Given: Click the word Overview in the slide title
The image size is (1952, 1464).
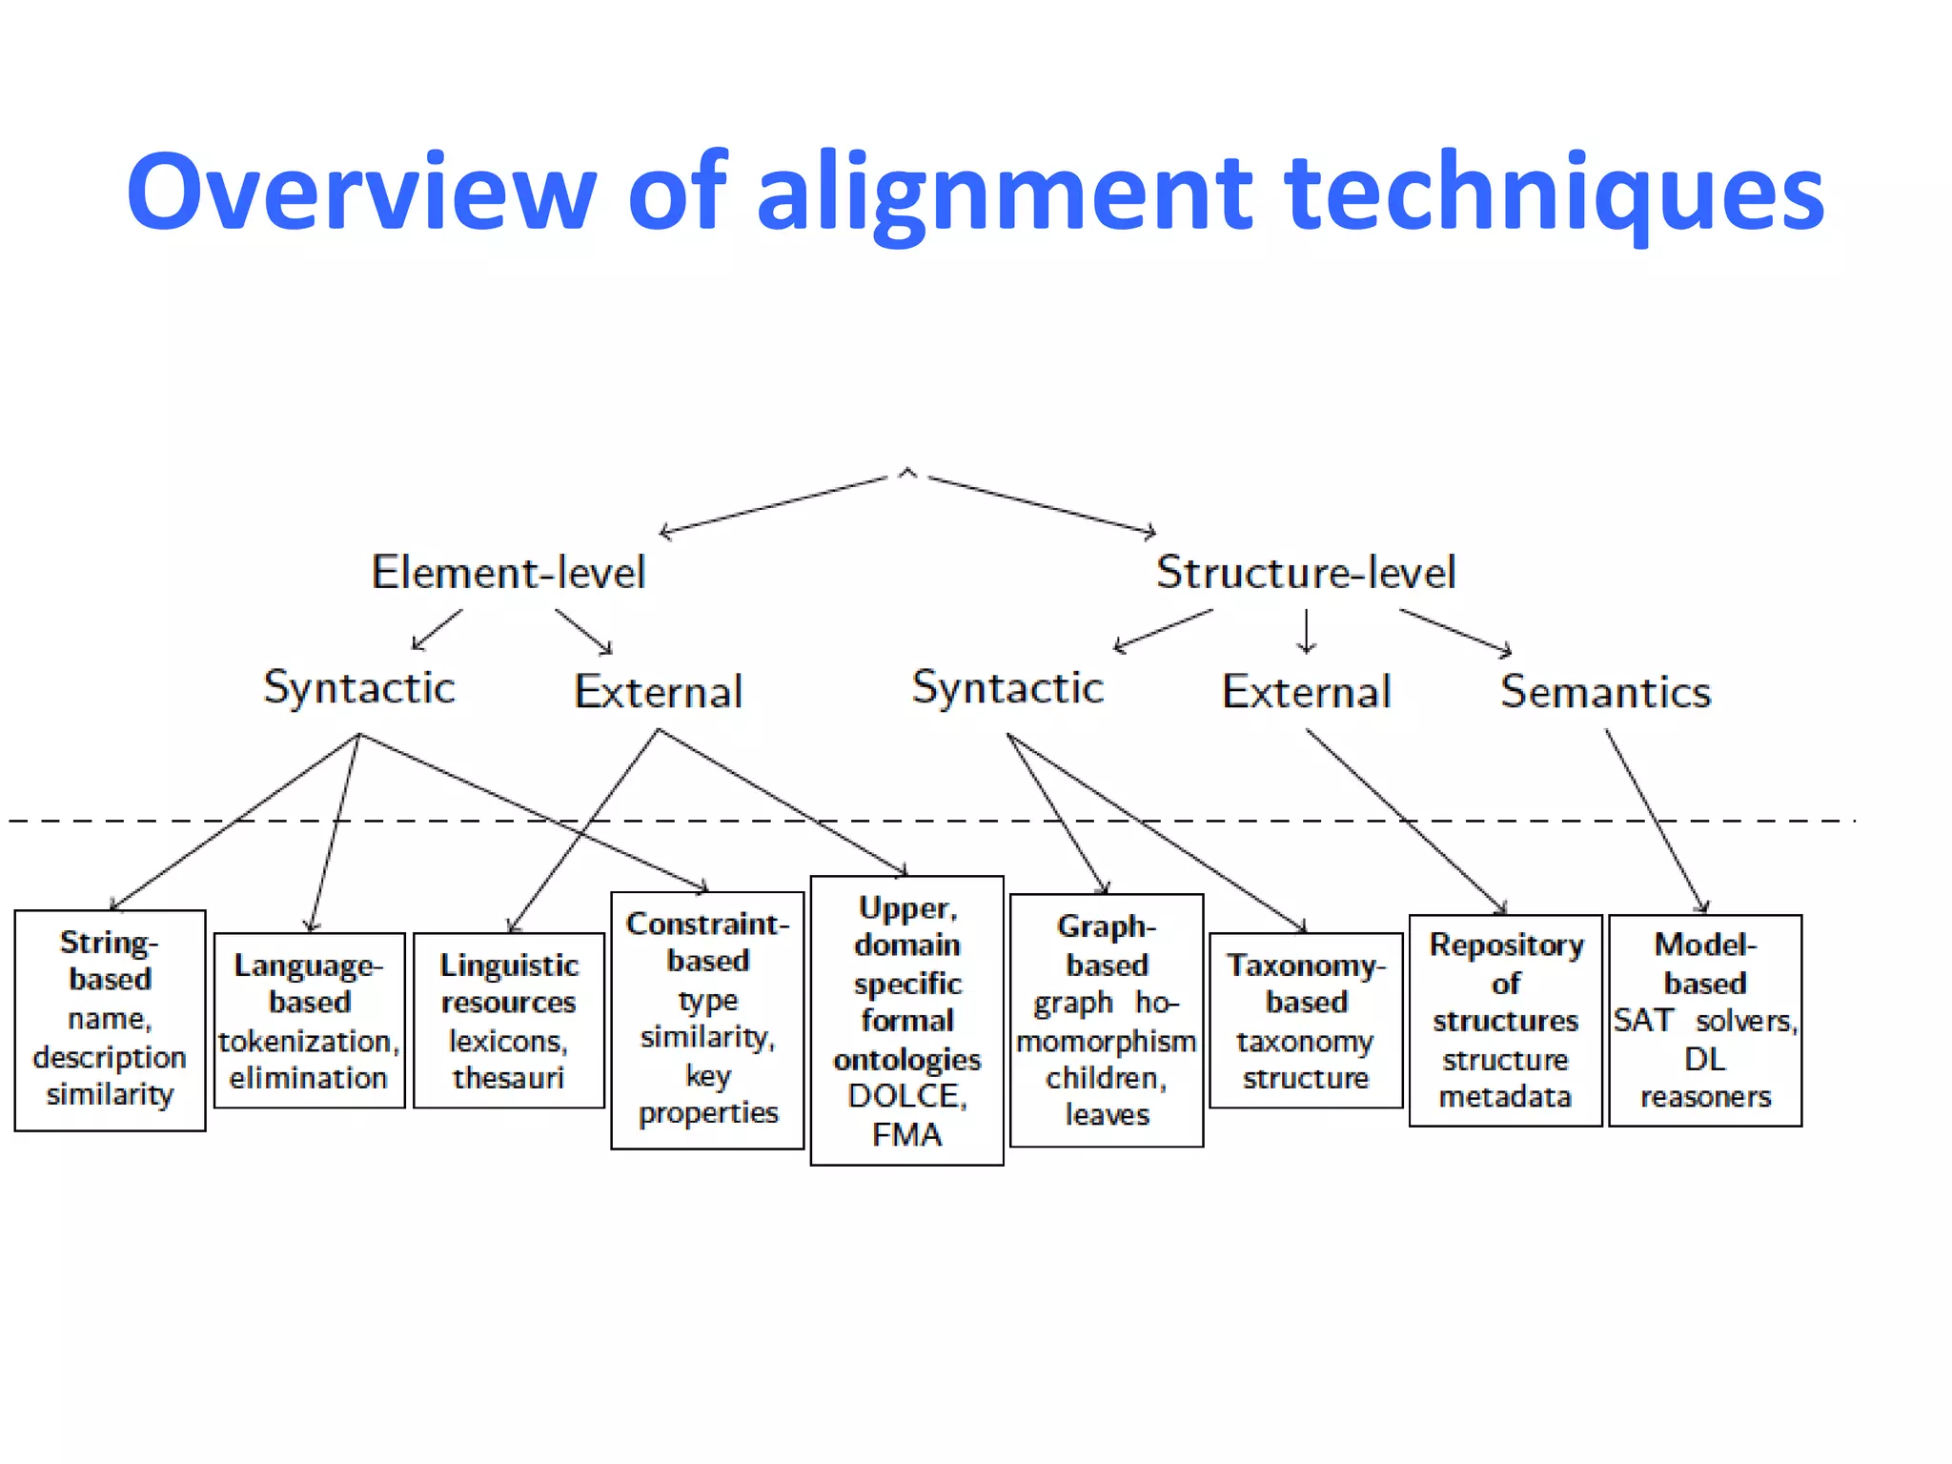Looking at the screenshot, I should tap(360, 193).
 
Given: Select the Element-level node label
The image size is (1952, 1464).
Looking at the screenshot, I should tap(508, 573).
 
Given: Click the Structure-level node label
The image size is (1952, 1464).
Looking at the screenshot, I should tap(1306, 573).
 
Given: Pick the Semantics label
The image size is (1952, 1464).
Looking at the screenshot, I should tap(1606, 692).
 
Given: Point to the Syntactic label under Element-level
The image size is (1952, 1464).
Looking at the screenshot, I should tap(359, 688).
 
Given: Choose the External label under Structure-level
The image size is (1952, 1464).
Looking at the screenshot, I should tap(1307, 692).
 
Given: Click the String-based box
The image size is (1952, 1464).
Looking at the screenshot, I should tap(110, 1020).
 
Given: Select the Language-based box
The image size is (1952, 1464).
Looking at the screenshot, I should tap(310, 1020).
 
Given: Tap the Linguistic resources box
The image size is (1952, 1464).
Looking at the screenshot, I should tap(509, 1020).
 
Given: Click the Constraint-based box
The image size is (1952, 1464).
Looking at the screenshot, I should tap(707, 1020).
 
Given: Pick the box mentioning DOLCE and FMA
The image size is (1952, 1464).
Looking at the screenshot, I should tap(906, 1020).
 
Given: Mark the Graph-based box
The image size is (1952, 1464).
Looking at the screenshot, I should tap(1107, 1020).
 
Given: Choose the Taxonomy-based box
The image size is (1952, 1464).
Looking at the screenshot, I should tap(1306, 1020).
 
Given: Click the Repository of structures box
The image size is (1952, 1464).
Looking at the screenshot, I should tap(1505, 1020).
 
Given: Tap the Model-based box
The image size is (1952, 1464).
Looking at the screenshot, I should tap(1705, 1020).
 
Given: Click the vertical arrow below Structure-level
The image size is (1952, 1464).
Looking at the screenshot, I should tap(1307, 631).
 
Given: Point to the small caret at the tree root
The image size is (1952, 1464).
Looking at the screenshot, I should tap(907, 473).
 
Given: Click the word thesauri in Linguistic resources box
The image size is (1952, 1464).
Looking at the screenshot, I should tap(509, 1078).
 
